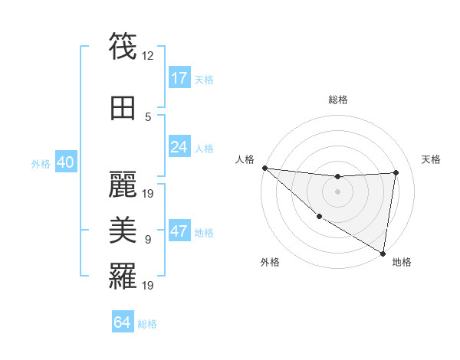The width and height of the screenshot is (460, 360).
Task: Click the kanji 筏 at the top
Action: (x=123, y=45)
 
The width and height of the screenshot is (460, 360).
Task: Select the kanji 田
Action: (x=123, y=107)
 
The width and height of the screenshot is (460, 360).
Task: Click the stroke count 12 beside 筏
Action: (x=149, y=55)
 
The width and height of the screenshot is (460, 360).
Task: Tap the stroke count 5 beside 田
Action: (x=149, y=117)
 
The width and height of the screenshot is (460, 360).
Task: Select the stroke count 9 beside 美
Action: (x=149, y=240)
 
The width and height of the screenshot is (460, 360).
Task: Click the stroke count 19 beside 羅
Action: (x=149, y=286)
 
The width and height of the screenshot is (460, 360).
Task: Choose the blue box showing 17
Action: (x=179, y=78)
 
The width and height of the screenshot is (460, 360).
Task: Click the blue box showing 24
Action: (x=179, y=146)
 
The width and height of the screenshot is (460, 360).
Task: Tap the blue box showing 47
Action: (x=179, y=232)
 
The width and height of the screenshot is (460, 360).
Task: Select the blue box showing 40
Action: (x=65, y=163)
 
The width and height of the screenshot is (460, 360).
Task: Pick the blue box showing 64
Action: (x=123, y=322)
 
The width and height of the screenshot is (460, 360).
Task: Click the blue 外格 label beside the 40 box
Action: (x=41, y=164)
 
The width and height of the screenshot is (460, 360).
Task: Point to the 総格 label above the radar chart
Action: (x=337, y=100)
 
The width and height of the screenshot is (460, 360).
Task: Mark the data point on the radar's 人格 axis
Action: (x=264, y=168)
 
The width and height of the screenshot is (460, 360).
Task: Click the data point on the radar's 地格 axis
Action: (x=383, y=253)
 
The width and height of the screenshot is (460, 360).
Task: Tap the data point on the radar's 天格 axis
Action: (x=396, y=172)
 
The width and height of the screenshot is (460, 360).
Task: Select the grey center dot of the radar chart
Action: (x=337, y=191)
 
